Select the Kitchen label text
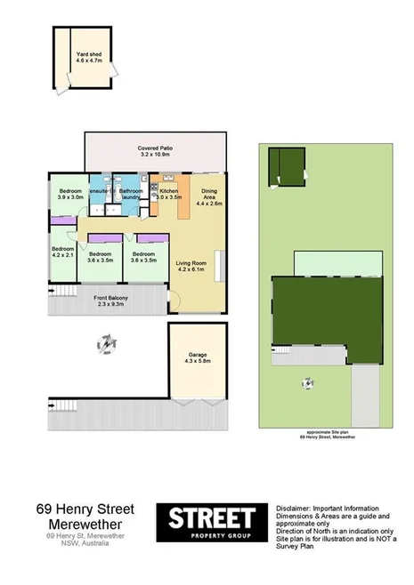point(169,195)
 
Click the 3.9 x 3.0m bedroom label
point(71,195)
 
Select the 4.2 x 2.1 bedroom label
point(61,252)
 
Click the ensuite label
point(100,191)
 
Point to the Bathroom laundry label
point(131,194)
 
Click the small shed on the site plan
point(287,166)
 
